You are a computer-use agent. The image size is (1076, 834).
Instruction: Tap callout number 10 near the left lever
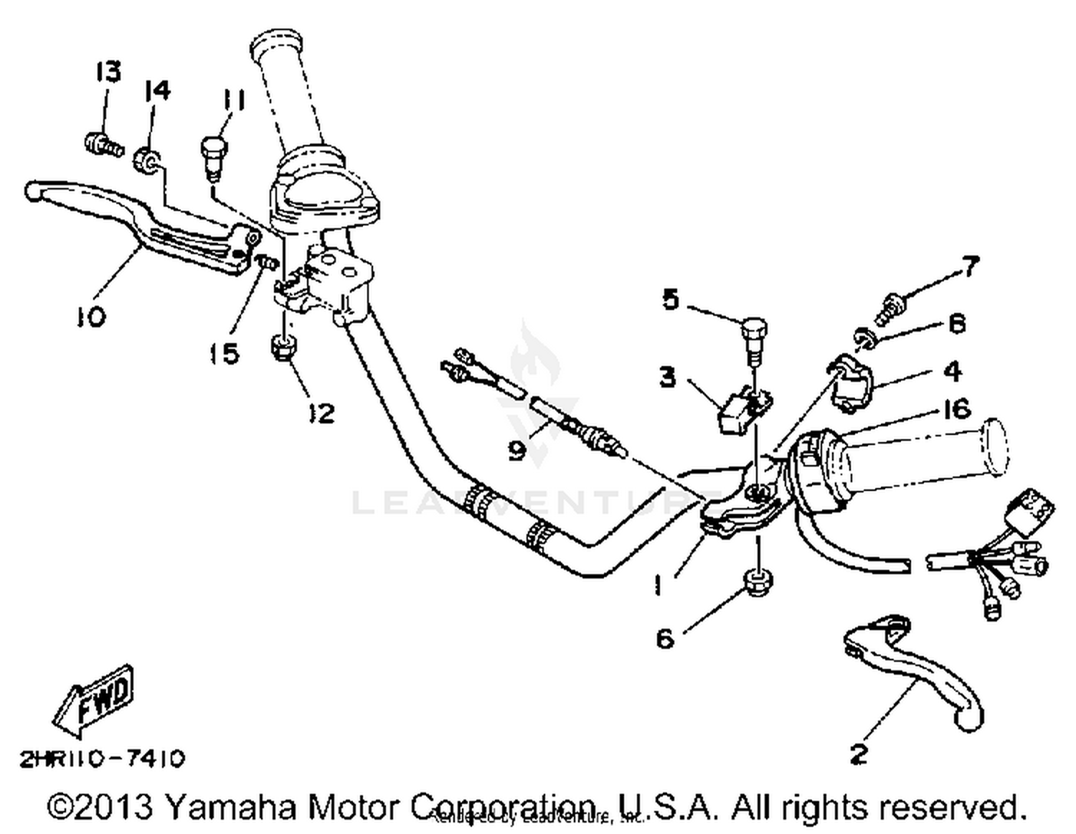click(x=92, y=316)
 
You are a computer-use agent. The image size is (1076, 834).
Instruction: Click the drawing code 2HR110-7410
click(x=102, y=759)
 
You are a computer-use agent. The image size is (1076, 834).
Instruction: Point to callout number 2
click(x=859, y=754)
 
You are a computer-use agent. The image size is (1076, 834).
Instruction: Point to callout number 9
click(x=516, y=450)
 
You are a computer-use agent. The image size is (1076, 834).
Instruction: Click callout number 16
click(x=957, y=409)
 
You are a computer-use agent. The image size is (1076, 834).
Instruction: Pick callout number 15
click(x=224, y=353)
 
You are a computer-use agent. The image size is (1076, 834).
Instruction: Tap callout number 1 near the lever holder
click(x=658, y=585)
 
